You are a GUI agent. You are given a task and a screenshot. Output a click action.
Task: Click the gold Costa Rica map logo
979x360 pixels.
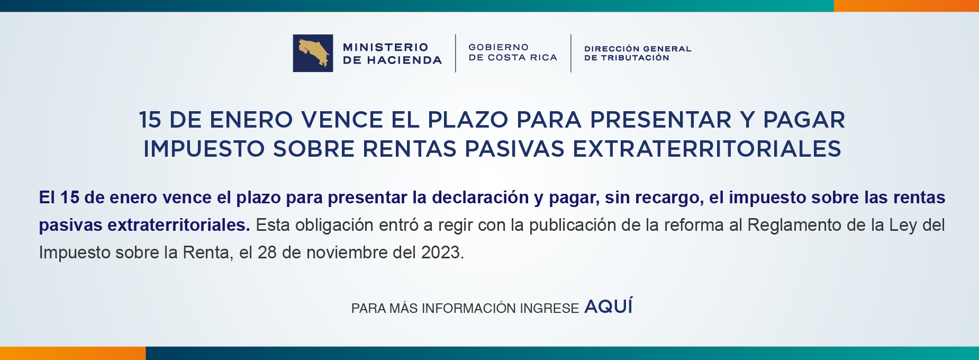[313, 53]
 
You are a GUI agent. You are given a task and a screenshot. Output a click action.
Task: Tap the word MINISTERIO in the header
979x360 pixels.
[385, 48]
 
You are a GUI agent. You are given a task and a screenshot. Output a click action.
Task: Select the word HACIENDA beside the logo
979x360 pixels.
[404, 60]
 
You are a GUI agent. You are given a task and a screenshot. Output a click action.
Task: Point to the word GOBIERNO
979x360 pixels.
[498, 48]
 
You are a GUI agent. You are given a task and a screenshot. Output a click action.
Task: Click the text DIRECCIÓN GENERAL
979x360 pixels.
[638, 49]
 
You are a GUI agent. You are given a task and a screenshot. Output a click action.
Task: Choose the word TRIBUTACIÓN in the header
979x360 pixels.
[635, 58]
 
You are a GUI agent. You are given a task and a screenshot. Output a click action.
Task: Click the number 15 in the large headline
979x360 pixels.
[150, 120]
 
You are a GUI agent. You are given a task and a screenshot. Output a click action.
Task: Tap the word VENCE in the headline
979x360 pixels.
[342, 120]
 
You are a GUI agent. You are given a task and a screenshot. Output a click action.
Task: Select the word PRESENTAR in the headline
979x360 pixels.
[661, 120]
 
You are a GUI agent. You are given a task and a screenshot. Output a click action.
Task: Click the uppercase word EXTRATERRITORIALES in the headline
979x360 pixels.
[707, 149]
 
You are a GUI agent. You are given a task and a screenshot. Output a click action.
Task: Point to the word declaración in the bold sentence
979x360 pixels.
[480, 197]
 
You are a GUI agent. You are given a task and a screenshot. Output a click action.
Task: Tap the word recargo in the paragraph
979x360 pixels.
[667, 197]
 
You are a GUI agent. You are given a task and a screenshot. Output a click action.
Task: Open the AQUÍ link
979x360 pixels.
[608, 307]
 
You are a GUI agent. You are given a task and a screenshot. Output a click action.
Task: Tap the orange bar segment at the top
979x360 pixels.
[906, 6]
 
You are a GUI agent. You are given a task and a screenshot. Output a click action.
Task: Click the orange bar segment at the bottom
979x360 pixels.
[72, 353]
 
